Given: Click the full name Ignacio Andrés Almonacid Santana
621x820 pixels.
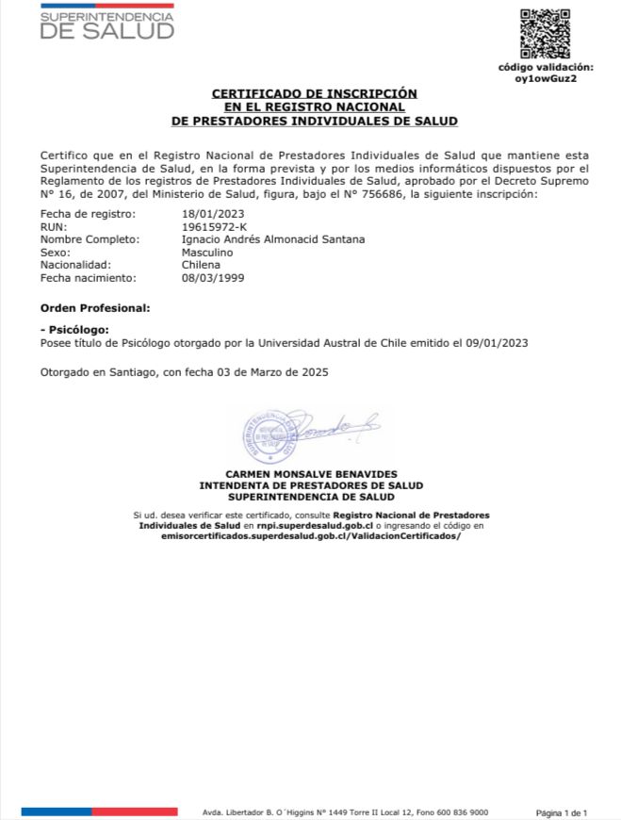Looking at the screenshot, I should pos(273,239).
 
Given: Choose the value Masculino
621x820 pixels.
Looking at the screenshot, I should pos(206,253).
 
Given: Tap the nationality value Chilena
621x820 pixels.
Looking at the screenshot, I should pos(200,265).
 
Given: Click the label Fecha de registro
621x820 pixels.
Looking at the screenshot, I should pos(82,214).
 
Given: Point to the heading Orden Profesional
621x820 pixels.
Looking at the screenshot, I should pos(94,308).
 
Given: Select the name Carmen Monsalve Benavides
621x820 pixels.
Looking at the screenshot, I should pos(311,474).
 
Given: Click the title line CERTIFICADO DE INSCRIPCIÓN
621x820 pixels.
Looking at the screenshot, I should pos(314,94).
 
